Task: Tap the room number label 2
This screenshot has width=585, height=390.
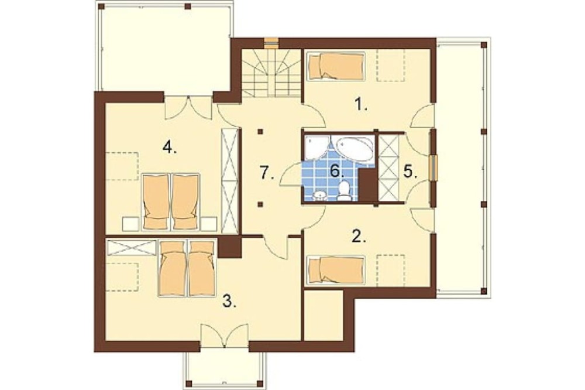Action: click(359, 236)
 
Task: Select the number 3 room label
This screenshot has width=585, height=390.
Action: click(229, 300)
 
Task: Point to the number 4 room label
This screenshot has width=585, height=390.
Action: click(169, 148)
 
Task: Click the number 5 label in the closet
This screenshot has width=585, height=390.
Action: click(410, 172)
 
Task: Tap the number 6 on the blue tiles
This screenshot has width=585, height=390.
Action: click(336, 172)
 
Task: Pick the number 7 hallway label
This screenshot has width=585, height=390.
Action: click(267, 173)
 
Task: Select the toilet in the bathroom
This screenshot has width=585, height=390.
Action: click(344, 191)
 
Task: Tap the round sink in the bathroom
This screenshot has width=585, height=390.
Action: click(319, 196)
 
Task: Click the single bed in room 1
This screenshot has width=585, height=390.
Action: click(335, 66)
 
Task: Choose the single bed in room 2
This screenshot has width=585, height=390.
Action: click(335, 270)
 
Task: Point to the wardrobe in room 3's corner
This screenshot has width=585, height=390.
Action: click(131, 248)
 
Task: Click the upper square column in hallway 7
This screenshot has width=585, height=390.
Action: click(260, 132)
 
